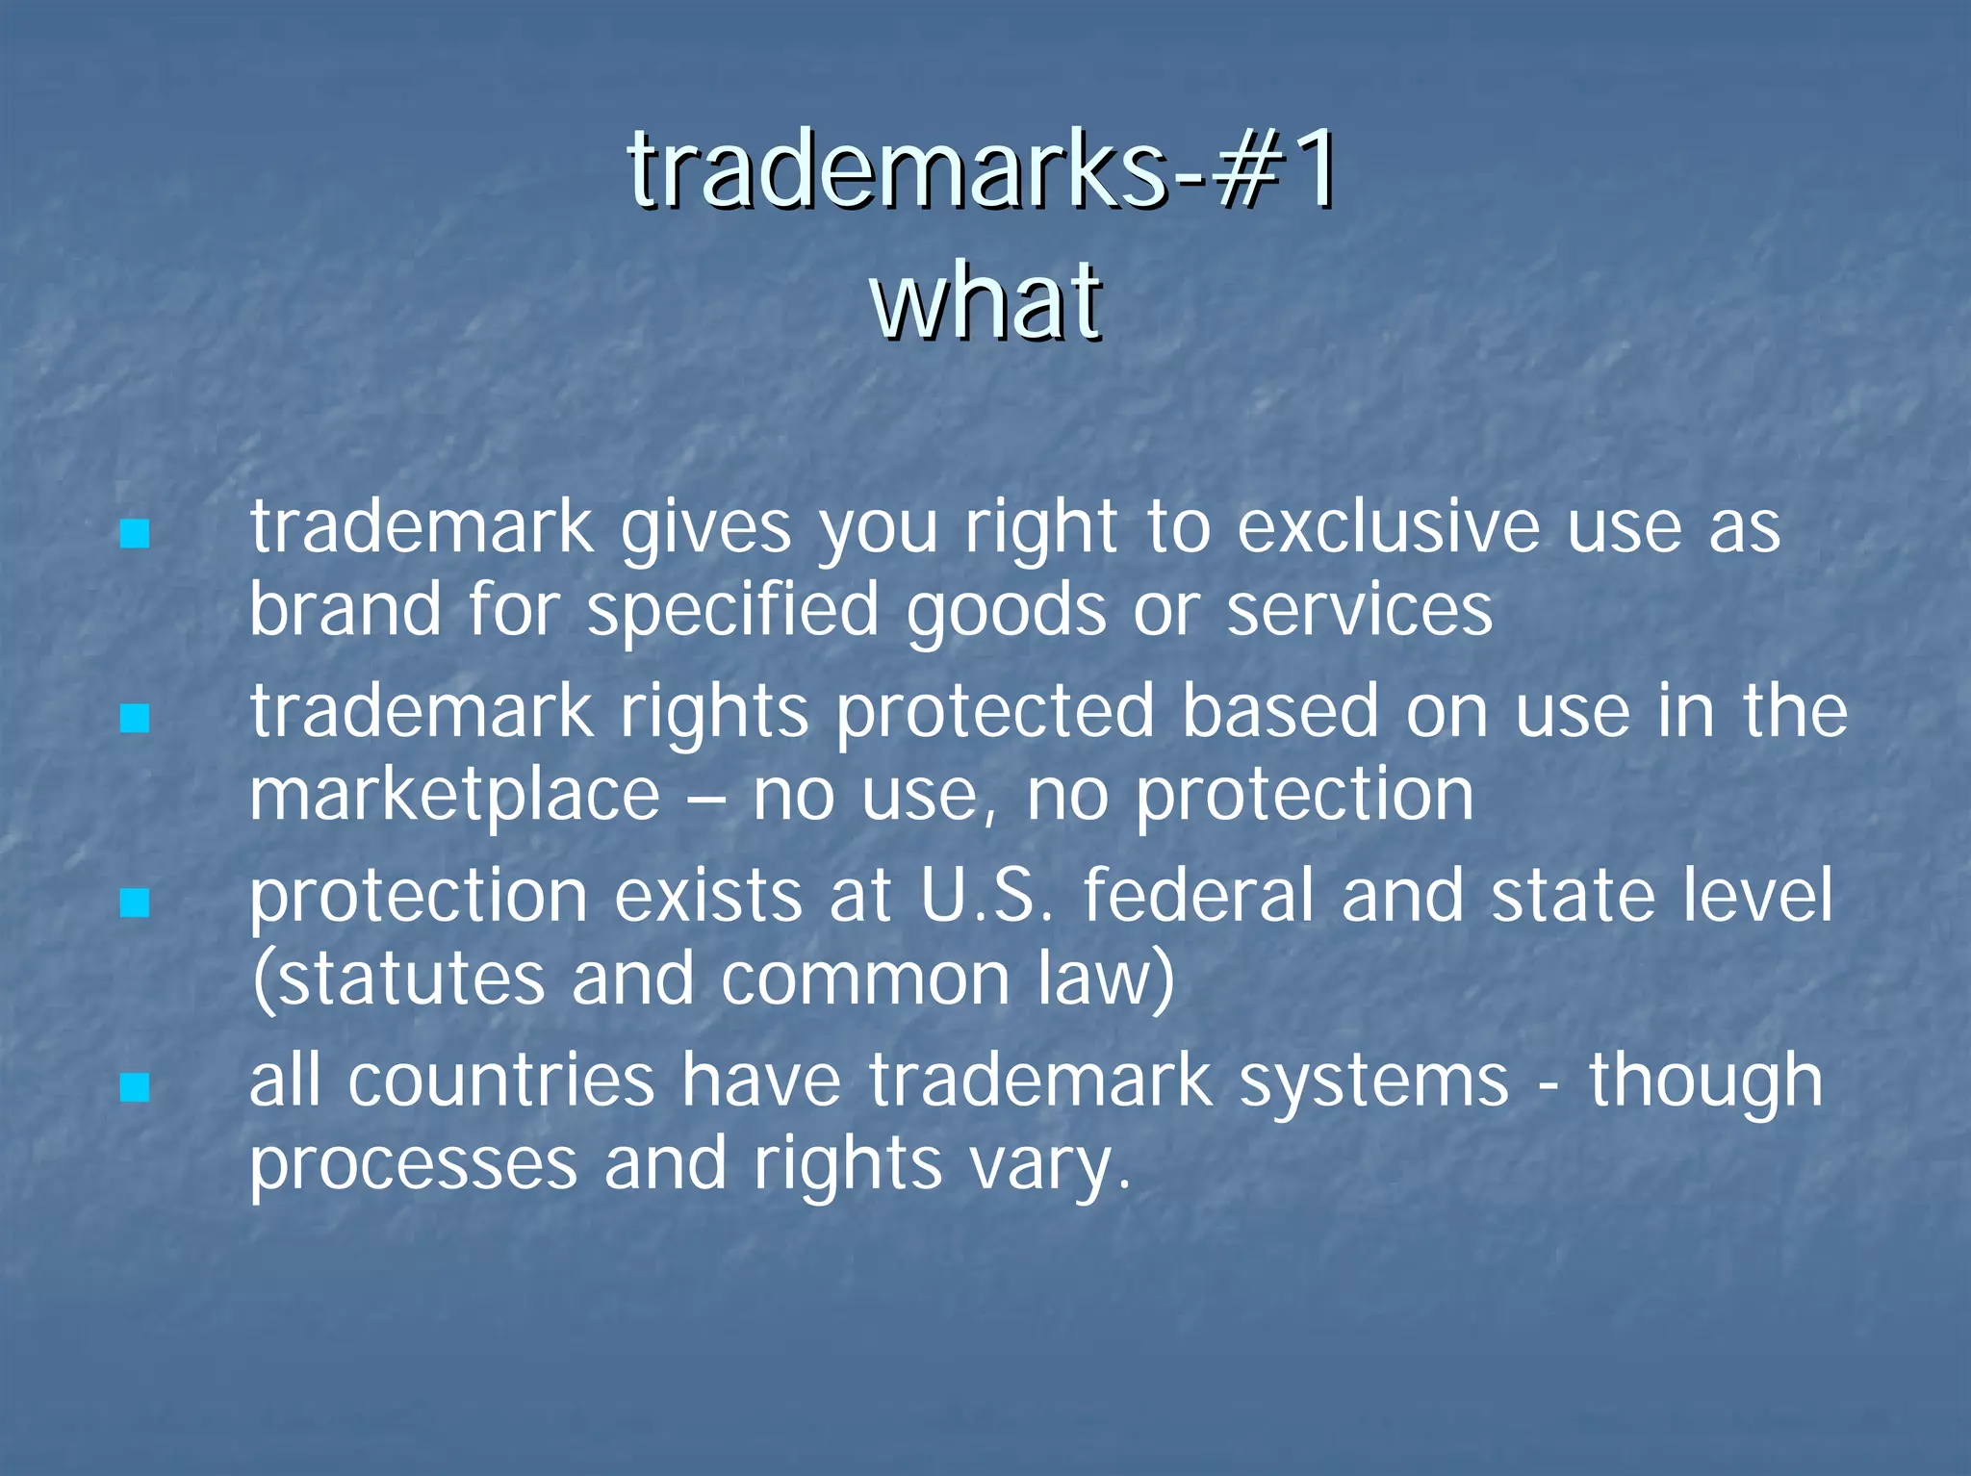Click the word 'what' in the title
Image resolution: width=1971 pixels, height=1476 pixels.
pos(985,300)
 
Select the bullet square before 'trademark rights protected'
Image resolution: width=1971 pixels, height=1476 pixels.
pos(135,718)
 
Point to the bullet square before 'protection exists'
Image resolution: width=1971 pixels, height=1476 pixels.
pos(135,903)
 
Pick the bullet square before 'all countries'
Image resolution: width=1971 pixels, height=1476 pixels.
pos(135,1087)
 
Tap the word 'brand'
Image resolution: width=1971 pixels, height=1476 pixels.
pos(346,610)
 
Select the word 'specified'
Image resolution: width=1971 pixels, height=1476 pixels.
pos(732,612)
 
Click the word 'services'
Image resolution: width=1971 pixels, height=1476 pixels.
pos(1359,610)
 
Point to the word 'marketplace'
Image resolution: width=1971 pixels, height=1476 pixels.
pos(454,797)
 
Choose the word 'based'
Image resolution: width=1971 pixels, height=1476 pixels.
pos(1280,712)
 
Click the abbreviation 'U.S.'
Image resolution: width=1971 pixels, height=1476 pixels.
pos(986,896)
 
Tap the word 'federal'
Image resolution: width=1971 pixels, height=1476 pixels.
pos(1198,896)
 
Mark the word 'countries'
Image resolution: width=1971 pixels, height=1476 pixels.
pos(500,1081)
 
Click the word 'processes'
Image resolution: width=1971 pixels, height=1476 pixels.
pos(413,1165)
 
